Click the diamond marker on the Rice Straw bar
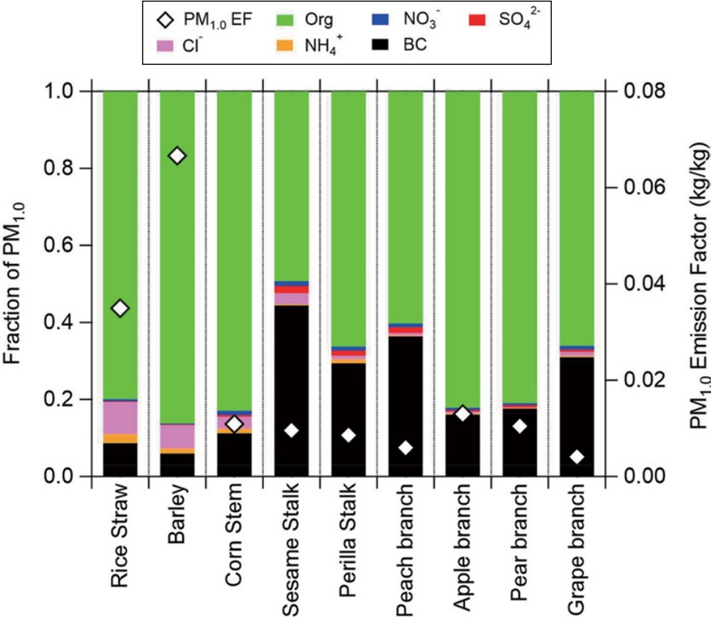click(x=120, y=308)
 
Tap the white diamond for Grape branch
click(x=577, y=457)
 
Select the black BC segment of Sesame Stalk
click(x=292, y=391)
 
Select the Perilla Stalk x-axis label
click(x=348, y=547)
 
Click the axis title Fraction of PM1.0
click(x=15, y=285)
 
